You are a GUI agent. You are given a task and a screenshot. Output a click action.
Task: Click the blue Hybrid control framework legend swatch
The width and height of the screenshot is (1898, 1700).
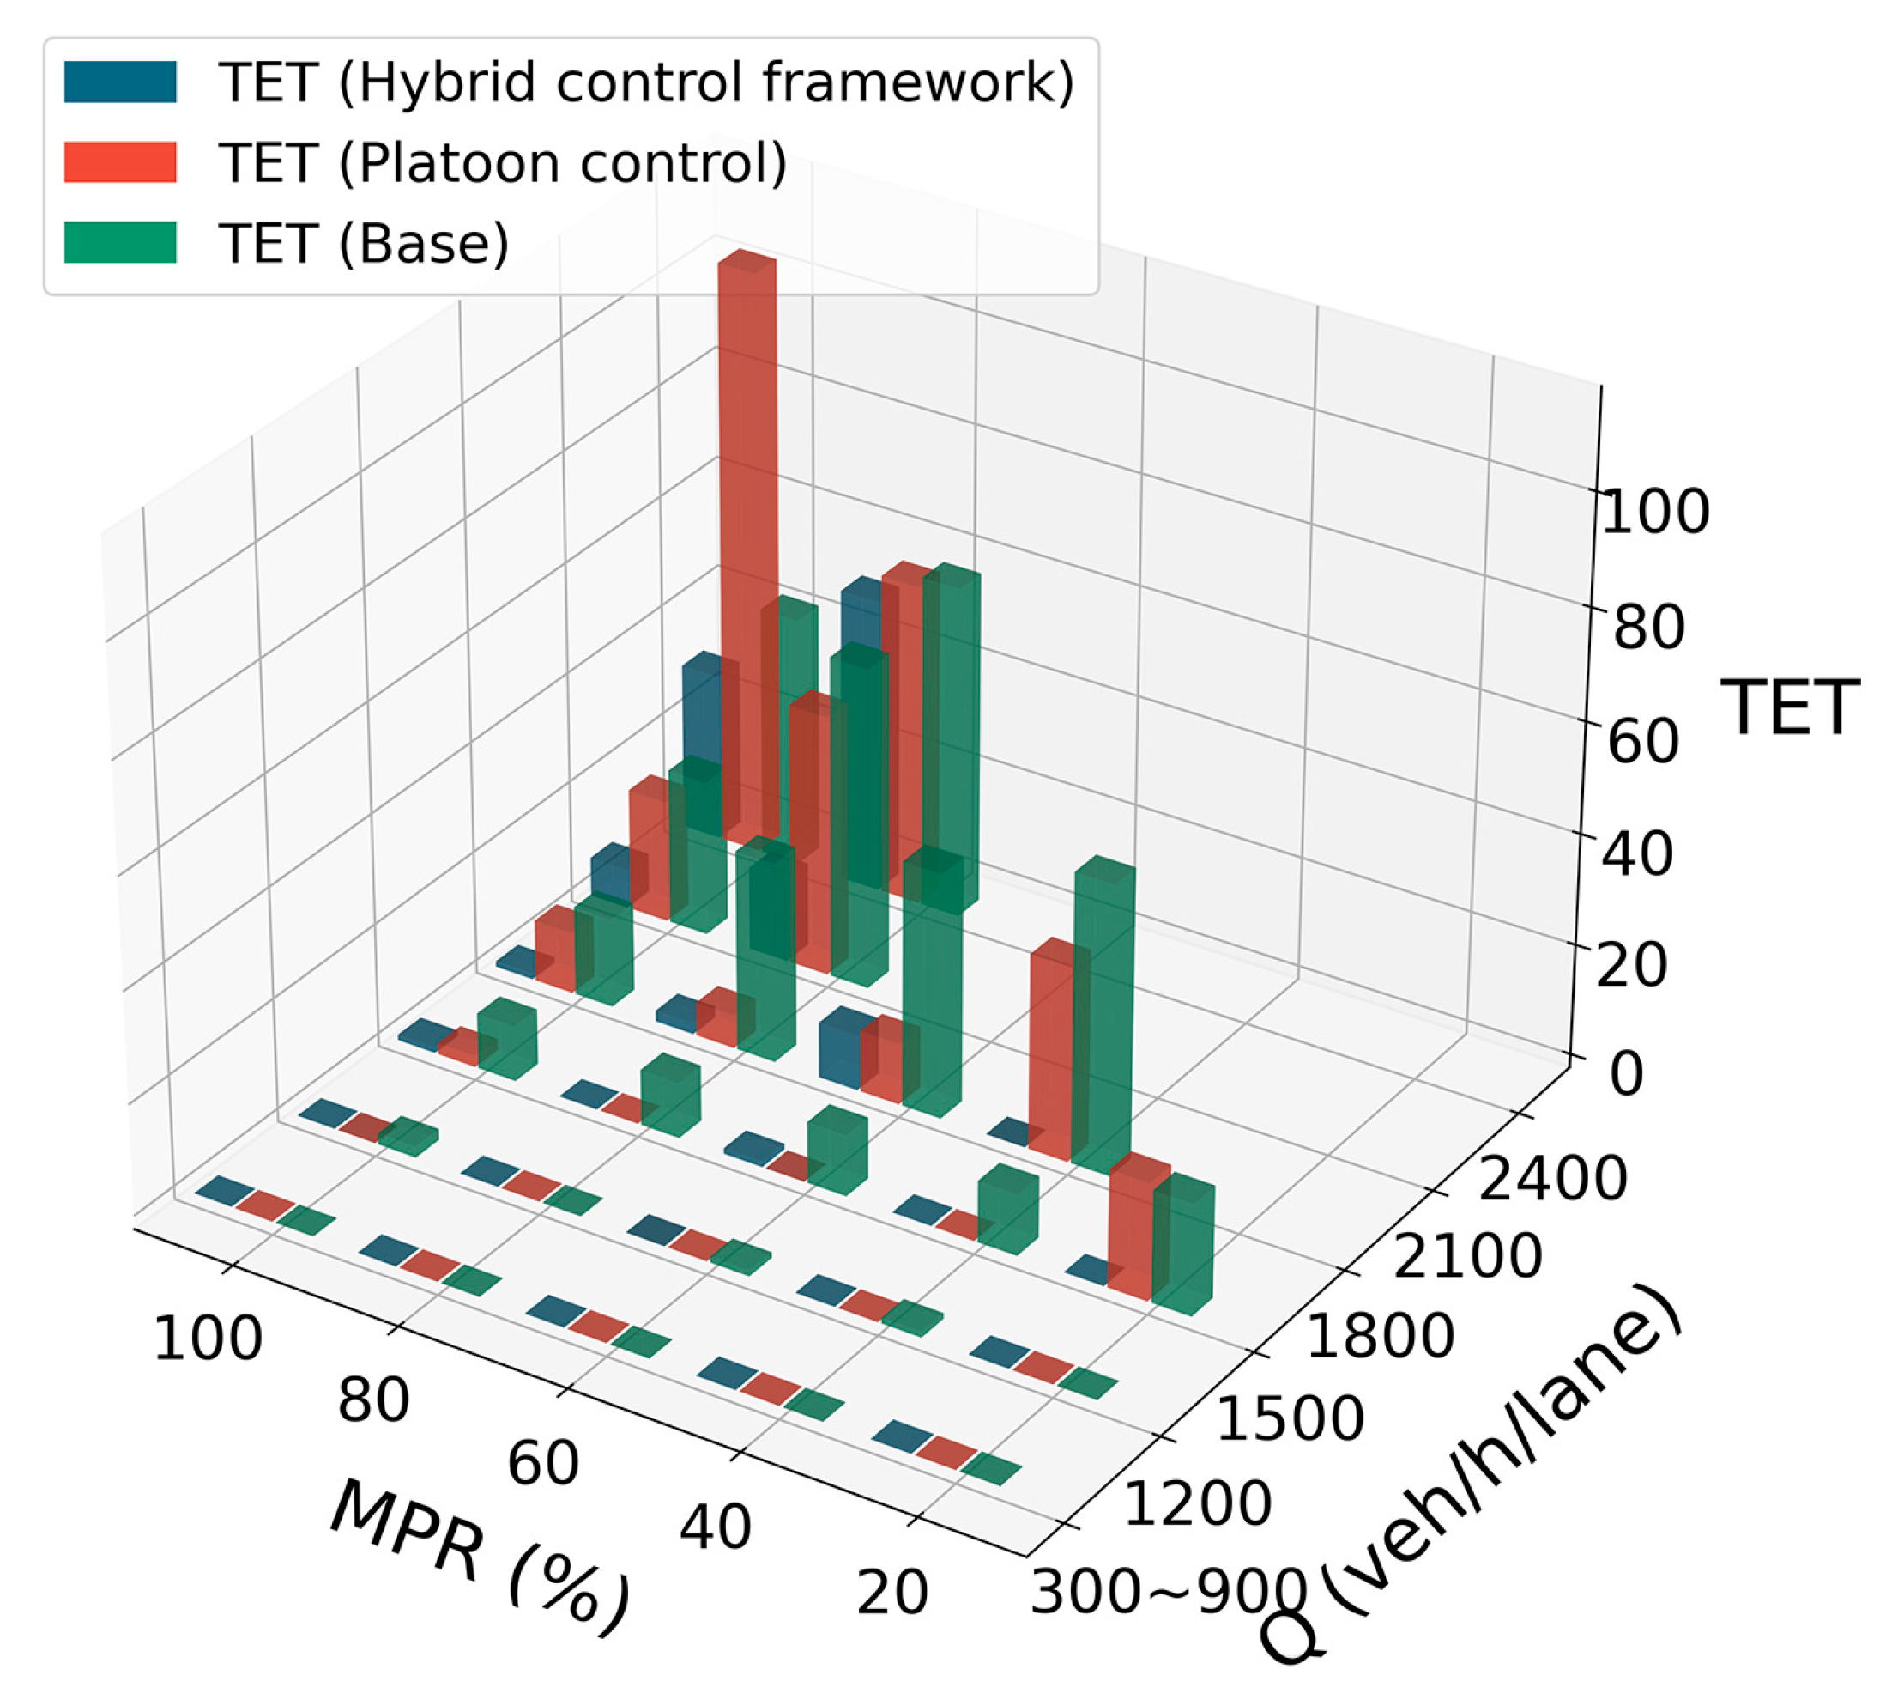119,82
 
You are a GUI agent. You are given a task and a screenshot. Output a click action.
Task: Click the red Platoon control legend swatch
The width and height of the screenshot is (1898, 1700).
119,162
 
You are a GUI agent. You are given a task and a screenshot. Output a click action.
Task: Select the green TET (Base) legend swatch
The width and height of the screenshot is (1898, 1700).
119,243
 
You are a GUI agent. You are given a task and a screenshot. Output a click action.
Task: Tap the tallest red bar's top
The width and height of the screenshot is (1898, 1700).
747,262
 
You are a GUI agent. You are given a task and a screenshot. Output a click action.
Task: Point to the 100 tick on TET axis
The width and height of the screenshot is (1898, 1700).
1654,513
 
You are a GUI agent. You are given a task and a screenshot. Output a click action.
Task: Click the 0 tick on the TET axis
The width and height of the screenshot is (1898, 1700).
1626,1074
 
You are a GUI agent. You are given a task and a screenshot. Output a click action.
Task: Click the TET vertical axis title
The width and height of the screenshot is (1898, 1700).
1790,708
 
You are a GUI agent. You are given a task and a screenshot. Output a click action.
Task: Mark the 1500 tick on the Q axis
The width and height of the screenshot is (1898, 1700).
1291,1418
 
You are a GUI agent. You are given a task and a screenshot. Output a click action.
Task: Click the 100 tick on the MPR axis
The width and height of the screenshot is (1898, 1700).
208,1339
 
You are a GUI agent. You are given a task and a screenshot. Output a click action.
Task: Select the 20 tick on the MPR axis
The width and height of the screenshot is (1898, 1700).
892,1592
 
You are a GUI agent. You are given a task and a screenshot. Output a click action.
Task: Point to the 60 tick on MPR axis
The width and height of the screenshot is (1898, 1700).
542,1463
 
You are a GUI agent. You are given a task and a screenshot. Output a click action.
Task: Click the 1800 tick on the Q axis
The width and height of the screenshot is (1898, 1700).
1379,1335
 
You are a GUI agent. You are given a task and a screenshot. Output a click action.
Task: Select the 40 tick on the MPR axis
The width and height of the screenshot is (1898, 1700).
715,1527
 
